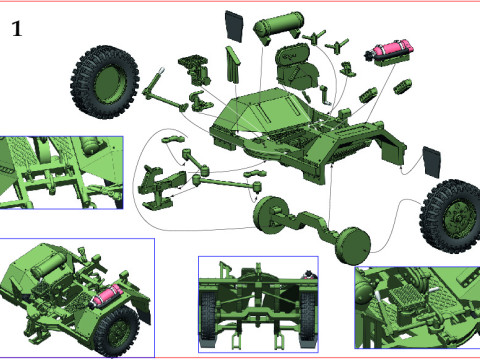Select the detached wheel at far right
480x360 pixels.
tap(449, 213)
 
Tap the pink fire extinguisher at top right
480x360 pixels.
tap(391, 50)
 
